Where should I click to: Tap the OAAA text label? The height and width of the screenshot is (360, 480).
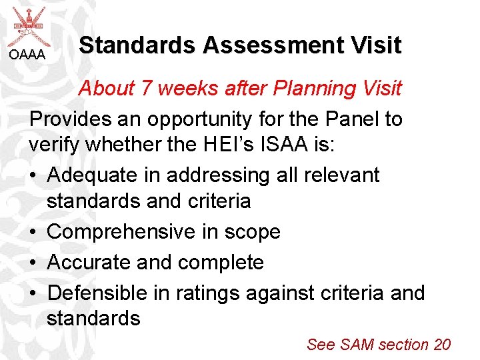27,55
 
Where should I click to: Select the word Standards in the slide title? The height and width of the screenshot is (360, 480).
137,45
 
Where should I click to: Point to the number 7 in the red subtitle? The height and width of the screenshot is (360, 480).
148,88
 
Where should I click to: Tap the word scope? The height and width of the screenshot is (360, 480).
254,232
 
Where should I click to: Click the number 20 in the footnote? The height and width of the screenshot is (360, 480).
442,345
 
